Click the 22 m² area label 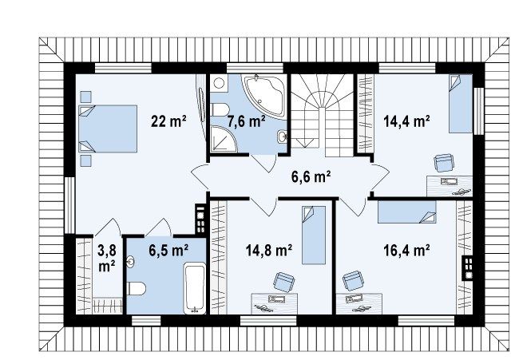click(168, 121)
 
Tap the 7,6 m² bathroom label click(247, 121)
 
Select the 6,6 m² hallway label click(311, 176)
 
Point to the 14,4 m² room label click(406, 121)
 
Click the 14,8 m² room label click(269, 251)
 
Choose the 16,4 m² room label click(406, 251)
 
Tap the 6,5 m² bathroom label click(168, 251)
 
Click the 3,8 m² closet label click(107, 259)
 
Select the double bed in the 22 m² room click(108, 129)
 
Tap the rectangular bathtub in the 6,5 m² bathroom click(195, 288)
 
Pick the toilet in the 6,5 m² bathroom click(137, 289)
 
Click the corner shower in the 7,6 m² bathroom click(224, 139)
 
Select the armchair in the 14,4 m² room click(444, 163)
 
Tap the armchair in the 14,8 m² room click(284, 282)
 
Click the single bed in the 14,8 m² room click(314, 235)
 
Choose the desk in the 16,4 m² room click(359, 303)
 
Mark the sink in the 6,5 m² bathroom click(131, 262)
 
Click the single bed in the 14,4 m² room click(460, 104)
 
